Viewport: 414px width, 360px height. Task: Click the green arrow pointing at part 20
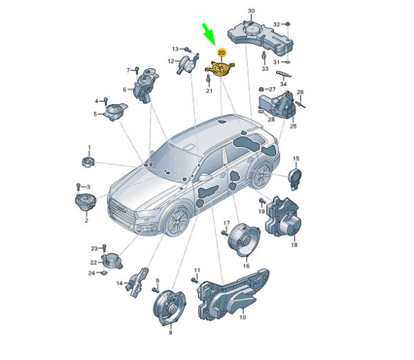[210, 34]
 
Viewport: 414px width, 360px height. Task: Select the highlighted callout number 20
[221, 53]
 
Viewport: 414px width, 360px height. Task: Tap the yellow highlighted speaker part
[220, 69]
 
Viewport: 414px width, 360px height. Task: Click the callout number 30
[251, 11]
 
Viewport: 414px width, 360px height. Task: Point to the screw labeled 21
[208, 79]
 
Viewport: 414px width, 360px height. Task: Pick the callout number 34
[283, 84]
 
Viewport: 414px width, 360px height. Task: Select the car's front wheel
[177, 221]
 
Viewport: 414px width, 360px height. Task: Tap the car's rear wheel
[261, 174]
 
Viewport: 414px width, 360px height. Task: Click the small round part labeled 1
[88, 161]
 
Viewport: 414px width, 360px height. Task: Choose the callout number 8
[170, 332]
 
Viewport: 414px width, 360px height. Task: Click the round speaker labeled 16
[244, 239]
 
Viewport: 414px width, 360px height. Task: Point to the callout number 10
[242, 317]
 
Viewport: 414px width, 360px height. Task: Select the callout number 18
[294, 245]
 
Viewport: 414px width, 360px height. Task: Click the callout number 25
[293, 126]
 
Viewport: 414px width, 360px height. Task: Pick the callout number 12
[171, 61]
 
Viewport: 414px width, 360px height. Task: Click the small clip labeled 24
[104, 272]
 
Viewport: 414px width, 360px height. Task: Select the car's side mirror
[204, 177]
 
